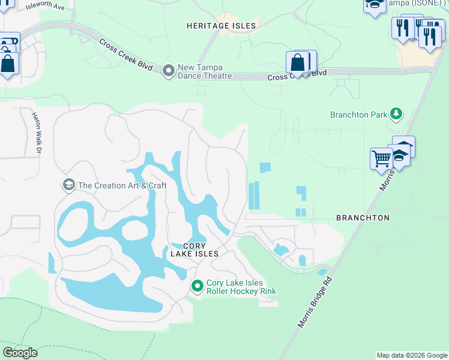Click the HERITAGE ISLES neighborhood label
click(x=221, y=26)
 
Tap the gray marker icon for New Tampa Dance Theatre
click(x=169, y=71)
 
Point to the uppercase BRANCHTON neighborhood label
click(x=363, y=218)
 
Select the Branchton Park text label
click(x=358, y=115)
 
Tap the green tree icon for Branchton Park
click(x=396, y=113)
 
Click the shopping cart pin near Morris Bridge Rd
click(x=381, y=160)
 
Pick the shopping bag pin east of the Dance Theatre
click(x=298, y=62)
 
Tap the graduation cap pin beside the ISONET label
click(x=375, y=5)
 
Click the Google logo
click(x=20, y=353)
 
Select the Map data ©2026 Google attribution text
click(x=411, y=355)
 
